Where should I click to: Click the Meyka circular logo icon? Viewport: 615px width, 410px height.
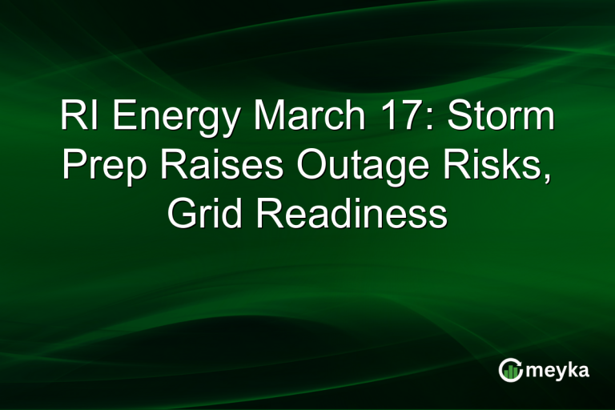coord(510,370)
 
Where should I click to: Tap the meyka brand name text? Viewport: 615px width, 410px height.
coord(559,371)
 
